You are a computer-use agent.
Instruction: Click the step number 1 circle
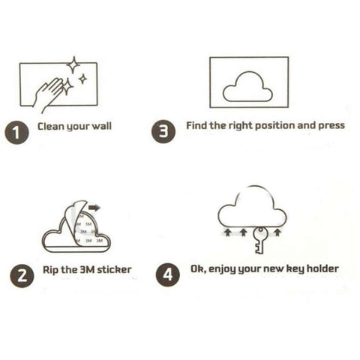tap(16, 133)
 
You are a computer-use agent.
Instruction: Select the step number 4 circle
tap(167, 274)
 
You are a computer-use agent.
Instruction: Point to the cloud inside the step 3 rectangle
tap(247, 85)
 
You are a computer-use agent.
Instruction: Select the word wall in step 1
tap(101, 127)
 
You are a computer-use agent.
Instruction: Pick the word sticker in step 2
tap(112, 269)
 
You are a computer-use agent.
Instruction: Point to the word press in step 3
tap(332, 126)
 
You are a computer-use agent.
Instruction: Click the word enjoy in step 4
tap(224, 268)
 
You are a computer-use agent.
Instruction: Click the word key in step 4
tap(293, 268)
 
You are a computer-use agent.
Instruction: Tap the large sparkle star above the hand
tap(73, 64)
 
